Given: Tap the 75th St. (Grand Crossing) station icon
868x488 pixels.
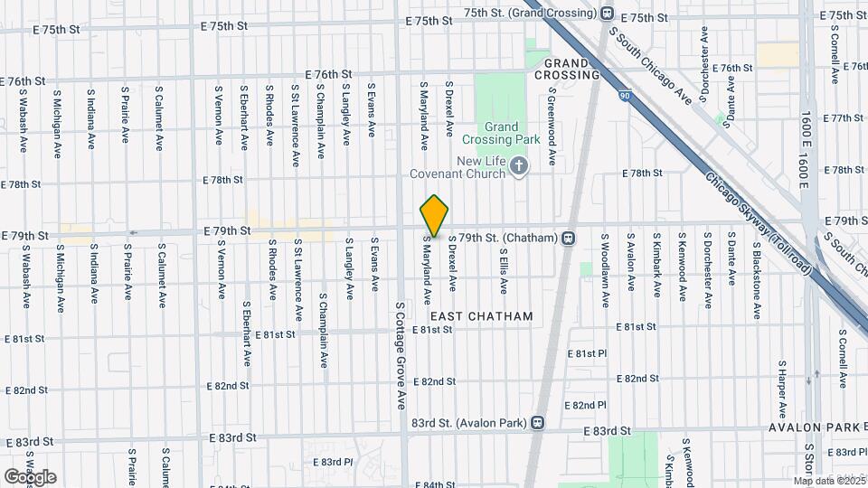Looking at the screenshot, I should point(607,14).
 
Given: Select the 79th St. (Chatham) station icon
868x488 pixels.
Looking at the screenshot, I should point(569,239).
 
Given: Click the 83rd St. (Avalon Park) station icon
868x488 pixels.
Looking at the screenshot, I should point(538,422).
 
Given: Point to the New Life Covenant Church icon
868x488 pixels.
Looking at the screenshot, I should point(518,166).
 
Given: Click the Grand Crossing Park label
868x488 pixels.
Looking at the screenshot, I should point(501,134).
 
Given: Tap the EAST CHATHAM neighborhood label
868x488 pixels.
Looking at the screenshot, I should point(481,316).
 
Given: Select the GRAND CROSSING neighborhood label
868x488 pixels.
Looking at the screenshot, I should point(568,69).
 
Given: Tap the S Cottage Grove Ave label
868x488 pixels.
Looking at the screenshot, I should point(399,357).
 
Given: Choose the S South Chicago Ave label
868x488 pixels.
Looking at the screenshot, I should point(650,66).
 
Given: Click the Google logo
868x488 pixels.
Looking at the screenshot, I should point(30,477).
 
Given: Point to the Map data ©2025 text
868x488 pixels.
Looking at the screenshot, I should point(830,481).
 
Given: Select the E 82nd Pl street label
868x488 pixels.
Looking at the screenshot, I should point(585,405).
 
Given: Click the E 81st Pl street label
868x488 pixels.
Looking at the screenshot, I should point(585,352).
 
